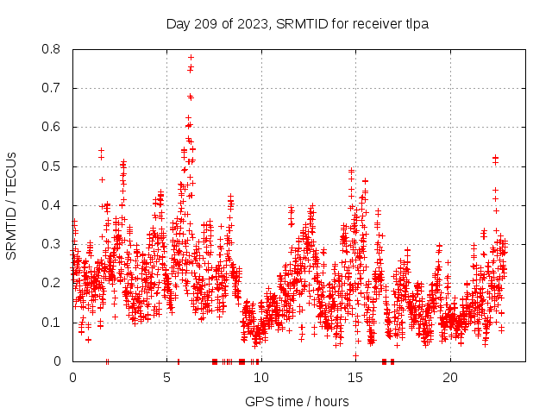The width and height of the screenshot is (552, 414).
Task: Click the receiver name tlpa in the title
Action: coord(414,24)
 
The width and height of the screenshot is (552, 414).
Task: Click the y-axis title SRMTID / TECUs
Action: coord(12,204)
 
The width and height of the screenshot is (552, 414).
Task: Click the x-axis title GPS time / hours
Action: coord(297,401)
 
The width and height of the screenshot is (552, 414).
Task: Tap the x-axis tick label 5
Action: coord(166,378)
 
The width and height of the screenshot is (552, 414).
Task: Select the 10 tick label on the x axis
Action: coord(260,378)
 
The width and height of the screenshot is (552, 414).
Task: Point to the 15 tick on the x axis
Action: coord(355,378)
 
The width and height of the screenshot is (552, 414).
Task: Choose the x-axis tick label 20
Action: coord(449,378)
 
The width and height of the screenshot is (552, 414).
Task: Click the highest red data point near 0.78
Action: coord(191,57)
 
